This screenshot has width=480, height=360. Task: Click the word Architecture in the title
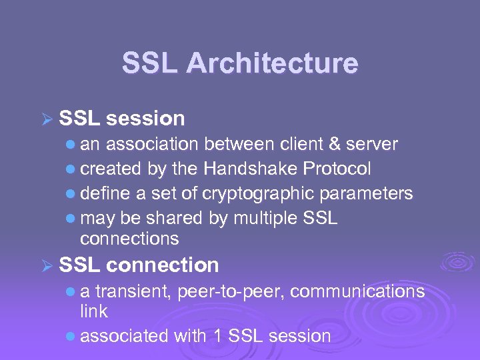pos(272,64)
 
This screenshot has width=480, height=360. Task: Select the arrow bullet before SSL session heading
pos(47,119)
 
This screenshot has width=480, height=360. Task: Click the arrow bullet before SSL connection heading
pos(47,266)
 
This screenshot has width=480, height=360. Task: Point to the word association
pos(152,144)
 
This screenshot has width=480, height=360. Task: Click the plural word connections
pos(129,238)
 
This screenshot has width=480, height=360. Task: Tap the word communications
pos(358,291)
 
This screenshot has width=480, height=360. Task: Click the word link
pos(94,311)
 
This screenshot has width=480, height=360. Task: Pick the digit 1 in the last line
pos(218,335)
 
